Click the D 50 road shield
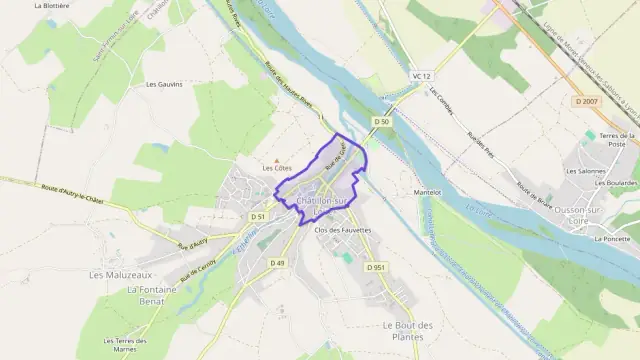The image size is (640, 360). pos(379,121)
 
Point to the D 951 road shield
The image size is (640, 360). pos(376,267)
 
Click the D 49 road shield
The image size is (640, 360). pos(277,263)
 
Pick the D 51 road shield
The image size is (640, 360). pos(257,216)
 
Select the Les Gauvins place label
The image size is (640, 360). pos(165,84)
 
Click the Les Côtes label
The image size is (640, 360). pos(277,168)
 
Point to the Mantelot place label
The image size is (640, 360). pos(428,192)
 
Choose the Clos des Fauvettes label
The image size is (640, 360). pos(343,230)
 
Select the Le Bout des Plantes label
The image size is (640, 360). pos(407,330)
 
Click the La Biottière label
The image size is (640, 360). pos(52,5)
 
